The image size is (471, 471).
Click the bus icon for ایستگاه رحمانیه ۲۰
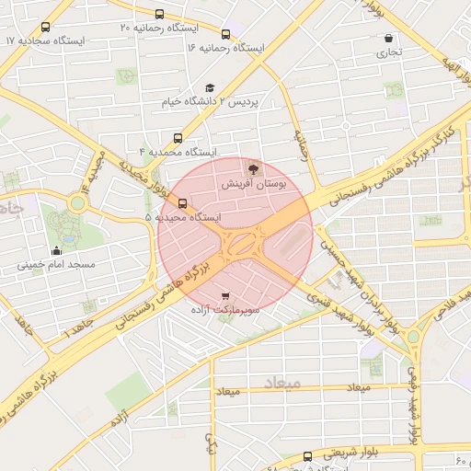160,15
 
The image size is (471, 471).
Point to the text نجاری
387,54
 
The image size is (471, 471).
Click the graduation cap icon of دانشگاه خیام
210,86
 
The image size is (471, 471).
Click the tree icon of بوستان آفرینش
253,169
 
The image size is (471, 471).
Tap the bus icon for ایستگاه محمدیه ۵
182,203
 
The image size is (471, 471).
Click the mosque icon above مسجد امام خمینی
57,250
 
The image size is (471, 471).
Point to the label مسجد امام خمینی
56,265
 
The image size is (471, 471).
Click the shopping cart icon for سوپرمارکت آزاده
225,296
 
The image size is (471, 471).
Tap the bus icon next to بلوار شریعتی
307,455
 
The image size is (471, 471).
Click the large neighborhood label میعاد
281,382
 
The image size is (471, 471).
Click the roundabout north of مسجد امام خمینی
75,201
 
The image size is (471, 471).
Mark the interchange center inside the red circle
240,243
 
